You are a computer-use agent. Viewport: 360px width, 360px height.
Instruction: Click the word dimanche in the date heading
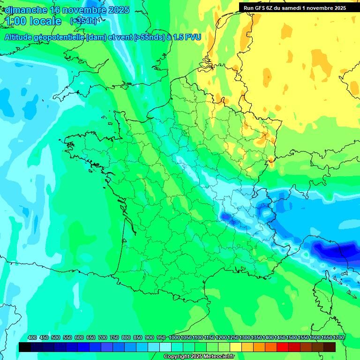pyautogui.click(x=25, y=10)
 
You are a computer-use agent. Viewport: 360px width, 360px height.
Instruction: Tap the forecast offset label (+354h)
pyautogui.click(x=83, y=21)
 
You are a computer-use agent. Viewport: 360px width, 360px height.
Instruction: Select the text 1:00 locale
pyautogui.click(x=33, y=21)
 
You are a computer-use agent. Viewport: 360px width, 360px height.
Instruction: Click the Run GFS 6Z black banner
pyautogui.click(x=294, y=7)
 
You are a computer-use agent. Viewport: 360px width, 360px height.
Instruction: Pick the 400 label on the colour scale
pyautogui.click(x=32, y=338)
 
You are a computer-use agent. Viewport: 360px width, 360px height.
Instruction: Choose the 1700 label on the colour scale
pyautogui.click(x=338, y=338)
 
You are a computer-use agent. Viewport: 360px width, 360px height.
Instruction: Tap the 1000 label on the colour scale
pyautogui.click(x=174, y=338)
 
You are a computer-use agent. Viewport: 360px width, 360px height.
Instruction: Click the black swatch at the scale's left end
pyautogui.click(x=25, y=347)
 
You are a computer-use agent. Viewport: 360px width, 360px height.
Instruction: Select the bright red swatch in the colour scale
pyautogui.click(x=283, y=347)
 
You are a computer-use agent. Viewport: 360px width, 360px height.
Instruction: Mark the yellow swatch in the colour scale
pyautogui.click(x=236, y=347)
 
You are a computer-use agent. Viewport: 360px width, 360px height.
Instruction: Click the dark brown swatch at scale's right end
pyautogui.click(x=330, y=347)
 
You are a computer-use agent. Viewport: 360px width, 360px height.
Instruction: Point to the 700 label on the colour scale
pyautogui.click(x=103, y=338)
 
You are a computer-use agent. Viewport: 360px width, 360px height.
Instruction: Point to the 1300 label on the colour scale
pyautogui.click(x=245, y=338)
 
